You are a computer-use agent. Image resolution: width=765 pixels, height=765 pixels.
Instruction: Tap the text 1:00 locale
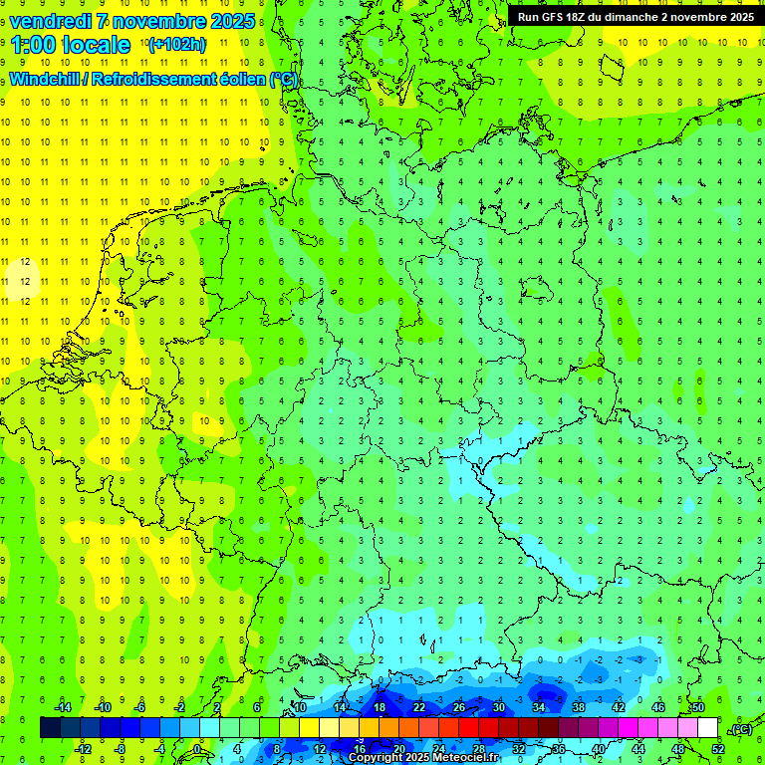(x=71, y=45)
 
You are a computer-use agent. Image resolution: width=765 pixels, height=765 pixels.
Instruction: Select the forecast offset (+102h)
(x=176, y=45)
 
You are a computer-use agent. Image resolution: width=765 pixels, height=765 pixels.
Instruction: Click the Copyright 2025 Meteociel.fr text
(x=423, y=758)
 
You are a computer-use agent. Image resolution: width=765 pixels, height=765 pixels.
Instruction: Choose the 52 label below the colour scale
(x=718, y=749)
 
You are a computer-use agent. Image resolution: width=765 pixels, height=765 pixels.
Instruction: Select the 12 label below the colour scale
(x=320, y=749)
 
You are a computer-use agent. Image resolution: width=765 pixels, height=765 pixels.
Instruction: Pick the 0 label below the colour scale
(x=198, y=749)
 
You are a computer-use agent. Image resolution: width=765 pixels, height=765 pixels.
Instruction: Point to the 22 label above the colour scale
(x=419, y=707)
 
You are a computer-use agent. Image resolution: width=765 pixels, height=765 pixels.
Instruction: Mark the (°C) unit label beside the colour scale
(x=741, y=729)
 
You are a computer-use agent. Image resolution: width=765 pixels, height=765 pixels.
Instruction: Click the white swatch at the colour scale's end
(x=707, y=728)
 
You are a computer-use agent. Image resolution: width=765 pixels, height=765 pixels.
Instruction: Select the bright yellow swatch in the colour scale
(x=349, y=728)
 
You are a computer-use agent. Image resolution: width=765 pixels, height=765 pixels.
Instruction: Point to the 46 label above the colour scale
(x=658, y=707)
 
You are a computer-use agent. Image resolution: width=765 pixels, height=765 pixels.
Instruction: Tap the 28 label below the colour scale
(x=479, y=749)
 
